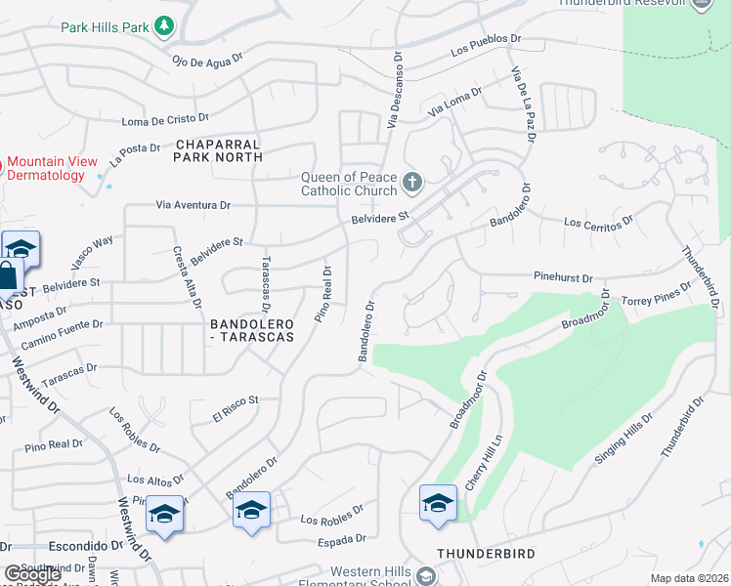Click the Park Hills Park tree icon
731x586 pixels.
tap(165, 25)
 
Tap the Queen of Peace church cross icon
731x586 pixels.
tap(412, 182)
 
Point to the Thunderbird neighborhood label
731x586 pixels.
tap(486, 553)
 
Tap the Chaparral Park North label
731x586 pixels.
tap(219, 149)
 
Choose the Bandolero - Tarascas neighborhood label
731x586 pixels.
tap(251, 329)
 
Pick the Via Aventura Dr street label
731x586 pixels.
tap(193, 205)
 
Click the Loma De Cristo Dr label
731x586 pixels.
tap(165, 121)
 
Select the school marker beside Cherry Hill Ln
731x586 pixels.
tap(437, 504)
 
